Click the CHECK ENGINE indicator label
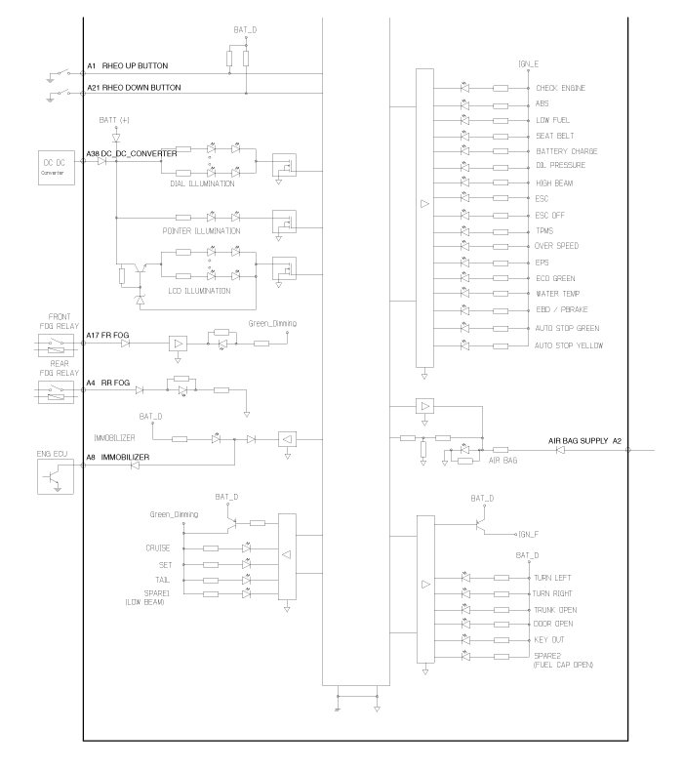pyautogui.click(x=562, y=88)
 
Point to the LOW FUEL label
pyautogui.click(x=552, y=120)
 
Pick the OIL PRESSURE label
pyautogui.click(x=560, y=166)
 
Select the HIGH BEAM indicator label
pyautogui.click(x=554, y=182)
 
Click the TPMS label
pyautogui.click(x=544, y=231)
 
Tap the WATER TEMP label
pyautogui.click(x=557, y=294)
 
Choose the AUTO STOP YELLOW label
pyautogui.click(x=569, y=345)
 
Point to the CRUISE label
pyautogui.click(x=158, y=548)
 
